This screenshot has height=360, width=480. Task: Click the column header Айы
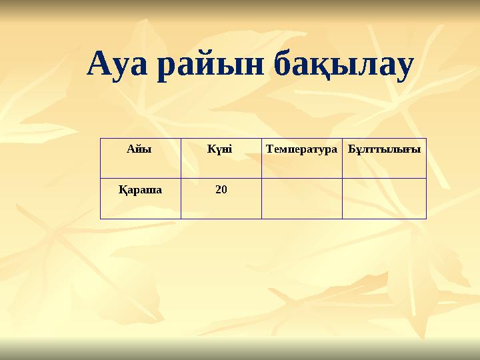[139, 149]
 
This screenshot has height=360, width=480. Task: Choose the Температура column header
[301, 149]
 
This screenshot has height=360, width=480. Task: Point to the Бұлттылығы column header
[384, 149]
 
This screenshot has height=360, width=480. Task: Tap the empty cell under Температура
[301, 199]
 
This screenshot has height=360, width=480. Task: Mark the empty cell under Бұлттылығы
[384, 199]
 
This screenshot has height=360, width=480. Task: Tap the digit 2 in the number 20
[218, 189]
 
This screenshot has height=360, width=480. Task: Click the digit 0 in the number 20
[224, 189]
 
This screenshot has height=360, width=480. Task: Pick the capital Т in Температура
[269, 149]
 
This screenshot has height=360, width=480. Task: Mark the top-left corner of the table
[101, 139]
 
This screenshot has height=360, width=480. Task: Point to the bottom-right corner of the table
[426, 219]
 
